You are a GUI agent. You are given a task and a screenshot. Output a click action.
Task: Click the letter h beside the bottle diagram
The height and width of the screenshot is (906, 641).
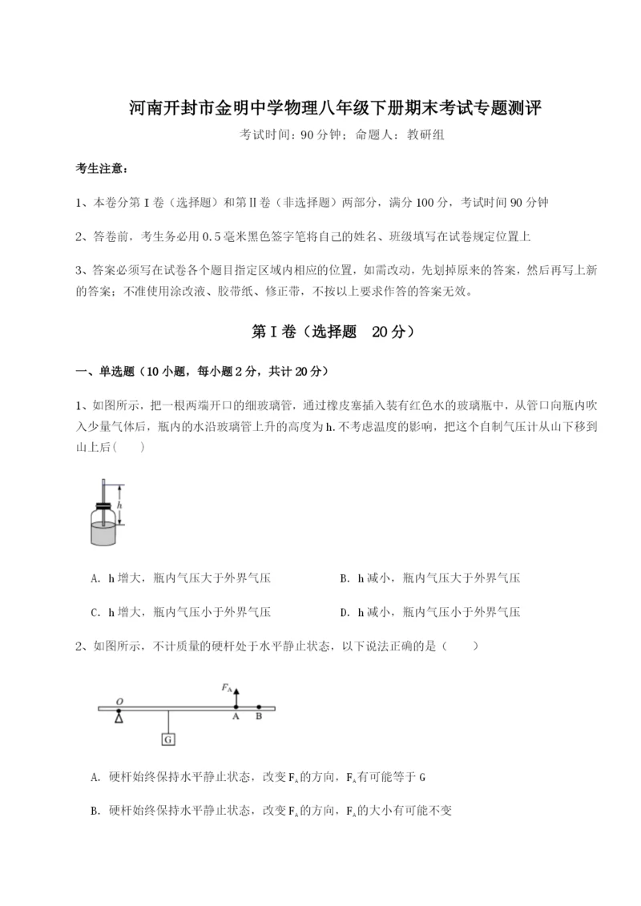coord(119,505)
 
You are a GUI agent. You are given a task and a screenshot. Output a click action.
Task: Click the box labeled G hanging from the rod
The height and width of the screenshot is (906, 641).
coord(168,739)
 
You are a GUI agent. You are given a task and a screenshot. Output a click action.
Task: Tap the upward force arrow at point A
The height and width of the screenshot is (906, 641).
coord(236,695)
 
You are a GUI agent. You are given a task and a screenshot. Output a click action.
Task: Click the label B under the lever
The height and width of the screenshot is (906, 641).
coord(258,718)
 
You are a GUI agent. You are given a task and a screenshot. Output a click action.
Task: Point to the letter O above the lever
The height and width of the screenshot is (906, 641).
coord(119,702)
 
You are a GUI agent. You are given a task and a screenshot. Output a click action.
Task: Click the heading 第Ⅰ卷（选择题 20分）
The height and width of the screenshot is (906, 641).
coord(320,332)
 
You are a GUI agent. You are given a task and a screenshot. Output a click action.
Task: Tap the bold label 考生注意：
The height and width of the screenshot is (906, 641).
coord(101,169)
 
